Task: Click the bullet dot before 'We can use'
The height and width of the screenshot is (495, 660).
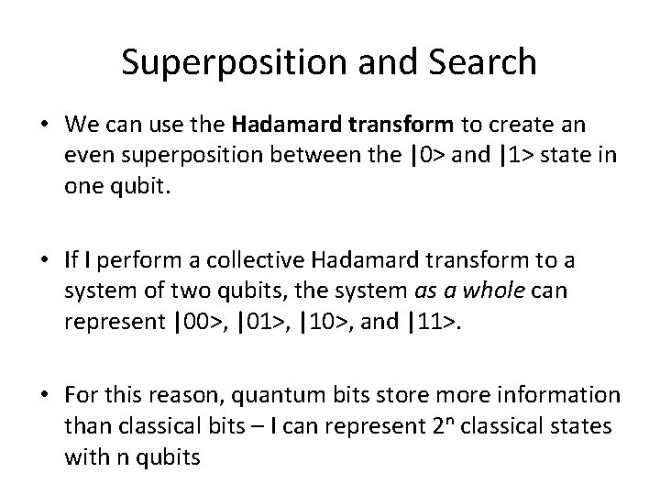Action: (45, 125)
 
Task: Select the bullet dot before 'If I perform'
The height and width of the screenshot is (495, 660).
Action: (45, 261)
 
